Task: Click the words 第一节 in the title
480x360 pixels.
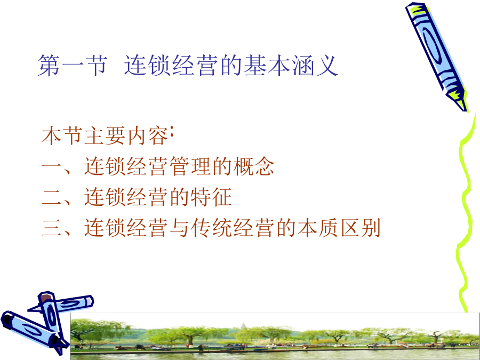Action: tap(73, 65)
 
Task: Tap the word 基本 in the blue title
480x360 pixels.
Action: tap(267, 65)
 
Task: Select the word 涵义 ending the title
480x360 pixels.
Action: tap(315, 65)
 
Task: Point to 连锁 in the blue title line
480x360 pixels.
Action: tap(147, 65)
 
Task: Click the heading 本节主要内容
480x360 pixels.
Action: tap(105, 135)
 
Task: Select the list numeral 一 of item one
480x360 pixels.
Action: tap(52, 167)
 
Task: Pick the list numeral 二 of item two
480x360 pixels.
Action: tap(52, 197)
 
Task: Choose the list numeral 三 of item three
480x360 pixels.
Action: tap(52, 228)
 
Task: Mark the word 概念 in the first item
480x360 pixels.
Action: tap(253, 166)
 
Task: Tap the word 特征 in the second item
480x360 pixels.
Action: tap(211, 197)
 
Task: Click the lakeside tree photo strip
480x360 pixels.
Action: tap(275, 336)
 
